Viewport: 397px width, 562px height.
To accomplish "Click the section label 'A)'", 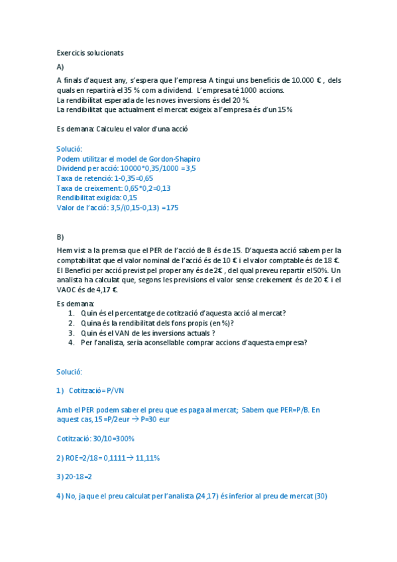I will click(60, 67).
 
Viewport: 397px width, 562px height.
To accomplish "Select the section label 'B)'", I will click(60, 237).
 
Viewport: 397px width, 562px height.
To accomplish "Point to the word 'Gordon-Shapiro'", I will click(174, 159).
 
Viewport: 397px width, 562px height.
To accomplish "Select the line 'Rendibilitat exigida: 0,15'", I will click(97, 197).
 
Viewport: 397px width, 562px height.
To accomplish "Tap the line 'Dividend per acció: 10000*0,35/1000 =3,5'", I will click(126, 168).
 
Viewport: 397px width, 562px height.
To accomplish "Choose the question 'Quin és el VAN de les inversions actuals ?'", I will click(148, 333).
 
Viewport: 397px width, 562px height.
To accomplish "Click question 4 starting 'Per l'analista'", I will click(194, 343).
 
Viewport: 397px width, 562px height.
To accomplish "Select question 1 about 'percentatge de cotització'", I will click(188, 313).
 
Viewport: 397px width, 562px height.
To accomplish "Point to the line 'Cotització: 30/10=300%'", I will click(96, 439).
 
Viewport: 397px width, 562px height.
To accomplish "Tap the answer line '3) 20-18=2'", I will click(74, 477).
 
